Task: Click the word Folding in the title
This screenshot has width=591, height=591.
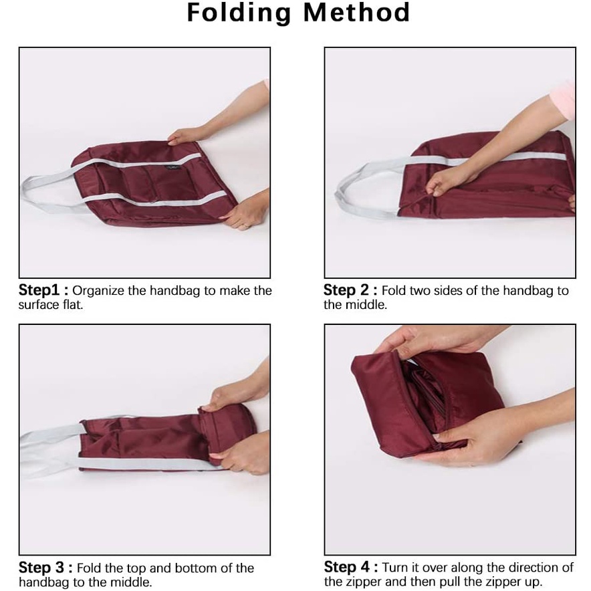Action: [x=239, y=13]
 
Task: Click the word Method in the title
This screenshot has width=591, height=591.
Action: [x=356, y=13]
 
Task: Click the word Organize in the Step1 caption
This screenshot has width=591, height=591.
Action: [x=98, y=291]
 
